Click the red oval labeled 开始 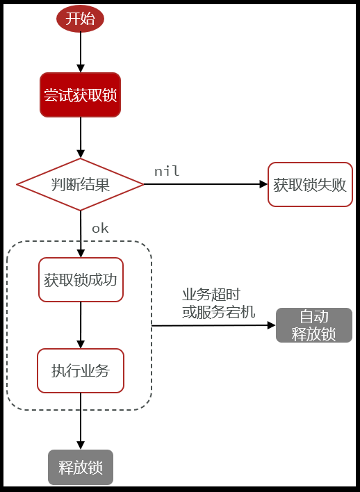pos(80,19)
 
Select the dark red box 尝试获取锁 pos(80,95)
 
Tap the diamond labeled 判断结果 pos(80,185)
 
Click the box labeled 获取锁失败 pos(310,185)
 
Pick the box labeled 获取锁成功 pos(81,280)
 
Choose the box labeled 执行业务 pos(81,370)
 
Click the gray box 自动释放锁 pos(314,325)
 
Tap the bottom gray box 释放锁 pos(81,468)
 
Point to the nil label pos(167,171)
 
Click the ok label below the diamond pos(100,228)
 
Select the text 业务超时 pos(211,295)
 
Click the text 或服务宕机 pos(218,312)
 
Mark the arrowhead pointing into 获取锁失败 pos(263,184)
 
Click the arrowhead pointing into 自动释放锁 pos(272,325)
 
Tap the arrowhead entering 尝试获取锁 pos(81,68)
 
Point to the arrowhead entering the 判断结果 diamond pos(81,154)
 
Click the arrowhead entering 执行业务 pos(81,344)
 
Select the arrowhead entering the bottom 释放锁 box pos(81,445)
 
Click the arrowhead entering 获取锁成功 pos(81,254)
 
